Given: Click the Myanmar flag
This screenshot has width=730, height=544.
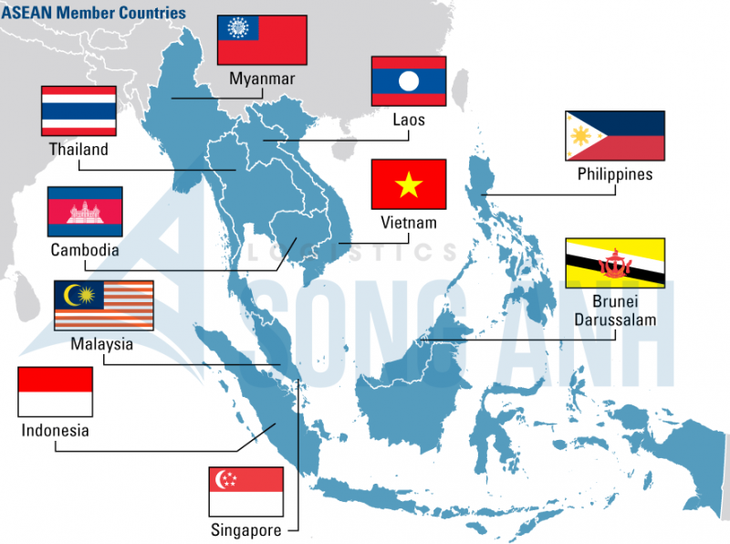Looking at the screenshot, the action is click(x=261, y=40).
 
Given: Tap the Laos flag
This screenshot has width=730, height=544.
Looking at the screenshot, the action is click(x=408, y=81).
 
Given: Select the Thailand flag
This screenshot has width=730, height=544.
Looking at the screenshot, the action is click(x=78, y=110).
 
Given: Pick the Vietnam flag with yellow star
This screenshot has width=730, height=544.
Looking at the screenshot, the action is click(x=408, y=184).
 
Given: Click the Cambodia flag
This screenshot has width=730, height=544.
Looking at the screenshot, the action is click(x=85, y=212).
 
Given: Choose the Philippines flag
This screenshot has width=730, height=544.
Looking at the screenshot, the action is click(x=615, y=136).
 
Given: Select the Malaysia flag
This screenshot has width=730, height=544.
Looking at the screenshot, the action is click(x=103, y=305).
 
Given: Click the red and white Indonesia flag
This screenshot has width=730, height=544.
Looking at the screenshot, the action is click(x=56, y=392).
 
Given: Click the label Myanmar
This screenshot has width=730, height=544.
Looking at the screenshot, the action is click(x=262, y=78).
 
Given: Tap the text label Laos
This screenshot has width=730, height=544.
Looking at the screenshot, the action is click(x=408, y=120).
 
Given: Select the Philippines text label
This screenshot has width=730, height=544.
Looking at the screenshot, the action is click(x=615, y=173).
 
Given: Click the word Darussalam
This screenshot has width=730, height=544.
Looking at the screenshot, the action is click(x=615, y=319).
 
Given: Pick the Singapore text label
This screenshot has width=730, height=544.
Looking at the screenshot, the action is click(x=245, y=530).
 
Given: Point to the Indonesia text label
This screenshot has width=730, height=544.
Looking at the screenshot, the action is click(x=56, y=430).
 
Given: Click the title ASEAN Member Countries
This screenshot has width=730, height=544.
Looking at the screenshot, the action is click(x=93, y=13).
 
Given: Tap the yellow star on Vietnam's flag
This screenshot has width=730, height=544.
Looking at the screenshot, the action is click(x=408, y=185).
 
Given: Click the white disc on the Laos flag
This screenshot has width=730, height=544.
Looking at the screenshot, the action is click(x=408, y=81).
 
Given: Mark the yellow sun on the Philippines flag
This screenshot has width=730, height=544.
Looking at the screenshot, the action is click(x=579, y=136).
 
